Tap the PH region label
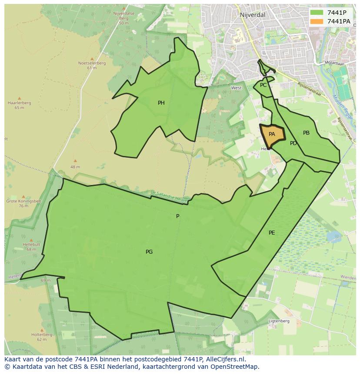(x=161, y=103)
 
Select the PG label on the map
(x=149, y=252)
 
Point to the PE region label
(x=272, y=233)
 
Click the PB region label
(x=306, y=133)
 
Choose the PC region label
(x=263, y=85)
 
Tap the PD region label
(x=293, y=143)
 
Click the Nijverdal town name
(x=252, y=15)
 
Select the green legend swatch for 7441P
(x=317, y=13)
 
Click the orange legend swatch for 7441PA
(x=317, y=21)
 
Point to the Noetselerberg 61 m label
(x=92, y=65)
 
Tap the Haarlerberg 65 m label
(x=19, y=105)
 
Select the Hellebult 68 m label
(x=31, y=247)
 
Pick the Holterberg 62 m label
(x=42, y=337)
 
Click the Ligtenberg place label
(x=279, y=321)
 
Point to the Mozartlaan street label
(x=335, y=63)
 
